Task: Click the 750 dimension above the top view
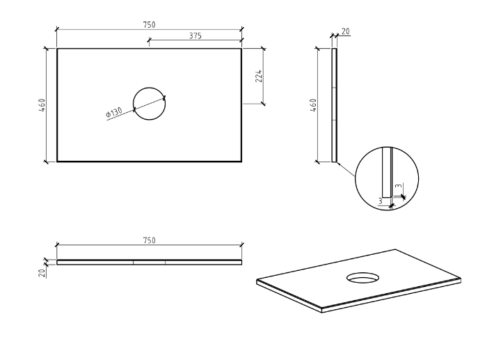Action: click(149, 24)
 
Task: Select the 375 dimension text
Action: click(196, 36)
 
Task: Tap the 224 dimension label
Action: click(259, 77)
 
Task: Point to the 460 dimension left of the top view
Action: click(42, 105)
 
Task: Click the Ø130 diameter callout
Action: click(113, 112)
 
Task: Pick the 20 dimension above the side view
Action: click(346, 32)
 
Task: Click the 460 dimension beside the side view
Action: click(314, 105)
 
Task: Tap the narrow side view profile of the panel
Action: click(335, 104)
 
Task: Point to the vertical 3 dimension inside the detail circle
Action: click(397, 187)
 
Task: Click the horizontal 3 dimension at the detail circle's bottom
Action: click(381, 201)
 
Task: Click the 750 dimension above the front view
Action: click(149, 240)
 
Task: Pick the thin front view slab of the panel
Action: click(149, 263)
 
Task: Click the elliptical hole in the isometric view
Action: click(363, 278)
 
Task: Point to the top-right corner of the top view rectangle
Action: click(241, 49)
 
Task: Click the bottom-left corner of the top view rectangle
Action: click(57, 162)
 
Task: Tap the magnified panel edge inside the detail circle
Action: click(387, 174)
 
